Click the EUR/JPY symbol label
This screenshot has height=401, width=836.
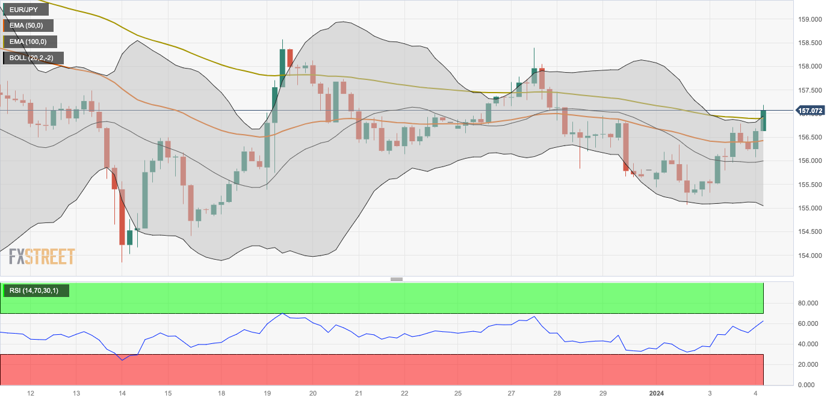(24, 10)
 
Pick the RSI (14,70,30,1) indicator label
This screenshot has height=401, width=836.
(35, 291)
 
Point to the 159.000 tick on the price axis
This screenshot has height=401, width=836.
(809, 19)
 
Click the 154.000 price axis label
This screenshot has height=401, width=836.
(809, 255)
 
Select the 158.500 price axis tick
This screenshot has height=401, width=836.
(809, 43)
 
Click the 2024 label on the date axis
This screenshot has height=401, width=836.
(657, 393)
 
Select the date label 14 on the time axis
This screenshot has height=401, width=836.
(122, 393)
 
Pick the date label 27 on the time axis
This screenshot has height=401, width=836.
(512, 393)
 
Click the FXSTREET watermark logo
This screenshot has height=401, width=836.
(42, 257)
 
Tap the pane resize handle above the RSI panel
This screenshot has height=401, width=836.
(396, 279)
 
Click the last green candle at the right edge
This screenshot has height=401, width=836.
(763, 120)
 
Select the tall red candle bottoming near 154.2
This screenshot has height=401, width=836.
(122, 216)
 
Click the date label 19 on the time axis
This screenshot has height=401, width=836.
(267, 393)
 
